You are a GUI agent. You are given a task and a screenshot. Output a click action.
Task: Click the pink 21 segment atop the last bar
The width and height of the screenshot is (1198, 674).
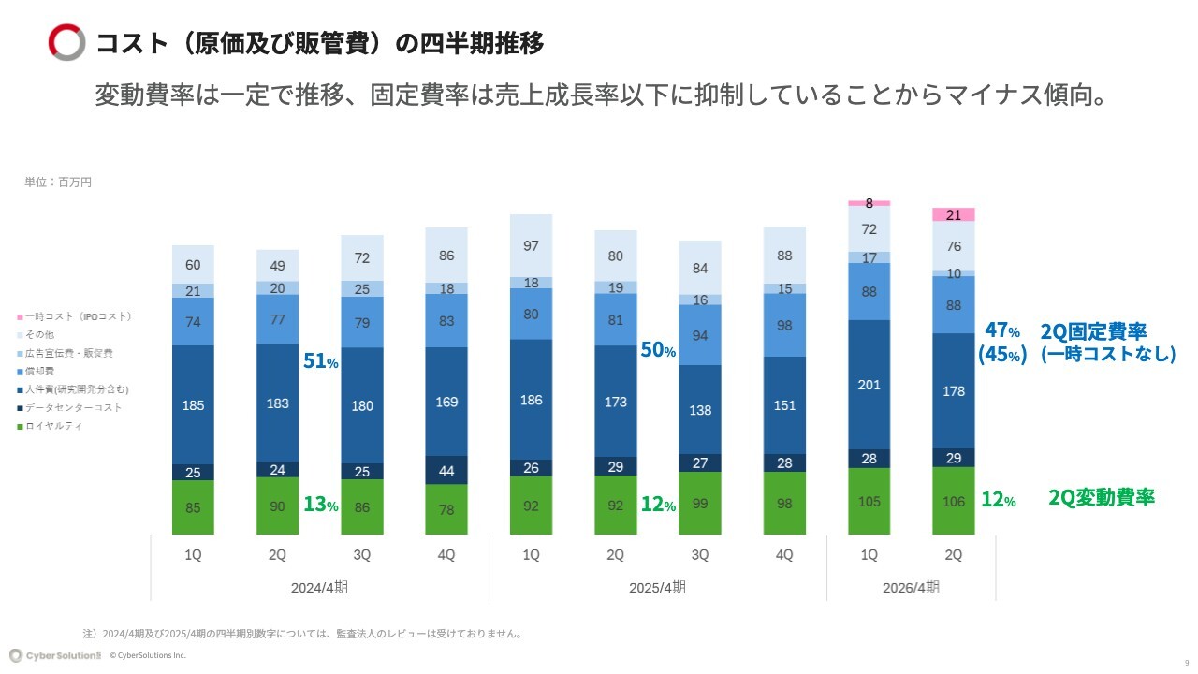coord(954,215)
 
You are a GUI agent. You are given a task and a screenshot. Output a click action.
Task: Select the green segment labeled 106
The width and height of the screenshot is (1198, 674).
coord(954,501)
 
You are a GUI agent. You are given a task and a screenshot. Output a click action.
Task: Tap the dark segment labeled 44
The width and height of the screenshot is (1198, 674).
coord(446,470)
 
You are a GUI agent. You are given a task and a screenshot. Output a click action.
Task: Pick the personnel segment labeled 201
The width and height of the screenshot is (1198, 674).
coord(869,385)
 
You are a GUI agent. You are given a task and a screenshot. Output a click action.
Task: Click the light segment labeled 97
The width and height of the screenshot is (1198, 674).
coord(531,245)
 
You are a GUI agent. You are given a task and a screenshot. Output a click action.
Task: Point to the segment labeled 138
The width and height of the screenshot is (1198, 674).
coord(700,410)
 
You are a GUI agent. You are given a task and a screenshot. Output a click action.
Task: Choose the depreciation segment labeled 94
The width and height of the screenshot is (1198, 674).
coord(700,335)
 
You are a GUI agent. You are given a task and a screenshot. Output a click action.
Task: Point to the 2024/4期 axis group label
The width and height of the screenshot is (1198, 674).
coord(319,588)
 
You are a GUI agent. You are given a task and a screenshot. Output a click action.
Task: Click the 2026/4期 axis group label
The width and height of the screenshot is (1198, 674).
coord(911,588)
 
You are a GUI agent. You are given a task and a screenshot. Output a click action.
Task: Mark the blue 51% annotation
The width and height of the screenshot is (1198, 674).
coord(320,361)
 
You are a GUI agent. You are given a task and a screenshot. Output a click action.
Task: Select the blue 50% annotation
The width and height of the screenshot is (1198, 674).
coord(657,351)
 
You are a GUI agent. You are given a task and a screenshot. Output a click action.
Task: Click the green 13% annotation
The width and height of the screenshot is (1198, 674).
coord(320,505)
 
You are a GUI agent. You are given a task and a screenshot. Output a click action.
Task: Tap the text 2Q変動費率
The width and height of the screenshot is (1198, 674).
coord(1101,498)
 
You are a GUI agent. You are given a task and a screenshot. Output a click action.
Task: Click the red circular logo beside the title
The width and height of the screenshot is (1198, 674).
coord(66,42)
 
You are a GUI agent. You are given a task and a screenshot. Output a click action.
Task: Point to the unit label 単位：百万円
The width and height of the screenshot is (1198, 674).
coord(58,183)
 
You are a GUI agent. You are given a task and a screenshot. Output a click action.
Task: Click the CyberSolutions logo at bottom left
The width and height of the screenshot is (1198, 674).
coord(55,655)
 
